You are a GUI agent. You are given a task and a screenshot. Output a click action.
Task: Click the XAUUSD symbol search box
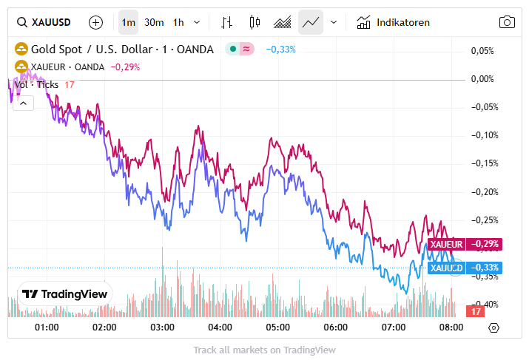coord(45,22)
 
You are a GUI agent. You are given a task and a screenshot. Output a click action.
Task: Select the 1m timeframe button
coord(128,22)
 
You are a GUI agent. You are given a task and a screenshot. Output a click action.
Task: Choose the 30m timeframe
coord(154,22)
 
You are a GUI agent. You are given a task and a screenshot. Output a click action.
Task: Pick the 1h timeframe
coord(178,22)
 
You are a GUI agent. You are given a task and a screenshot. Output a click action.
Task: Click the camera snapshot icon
coord(507,22)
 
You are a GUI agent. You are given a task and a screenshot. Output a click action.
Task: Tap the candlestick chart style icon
coord(255,22)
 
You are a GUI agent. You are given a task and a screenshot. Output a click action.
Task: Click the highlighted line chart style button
coord(311,22)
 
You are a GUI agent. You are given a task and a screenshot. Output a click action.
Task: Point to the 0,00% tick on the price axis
coord(482,79)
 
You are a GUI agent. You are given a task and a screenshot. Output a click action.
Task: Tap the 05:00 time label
coord(277,327)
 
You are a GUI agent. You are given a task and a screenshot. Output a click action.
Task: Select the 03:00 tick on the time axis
coord(162,327)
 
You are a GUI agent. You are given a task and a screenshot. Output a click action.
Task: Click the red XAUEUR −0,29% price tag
coord(464,244)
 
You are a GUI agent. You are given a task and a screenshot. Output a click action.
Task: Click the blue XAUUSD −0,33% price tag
coord(464,268)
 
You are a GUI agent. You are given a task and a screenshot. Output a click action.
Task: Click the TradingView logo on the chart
coord(64,293)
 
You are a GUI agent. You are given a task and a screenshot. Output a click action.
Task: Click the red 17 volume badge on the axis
coord(474,312)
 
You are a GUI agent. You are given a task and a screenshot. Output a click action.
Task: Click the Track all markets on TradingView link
coord(264,350)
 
